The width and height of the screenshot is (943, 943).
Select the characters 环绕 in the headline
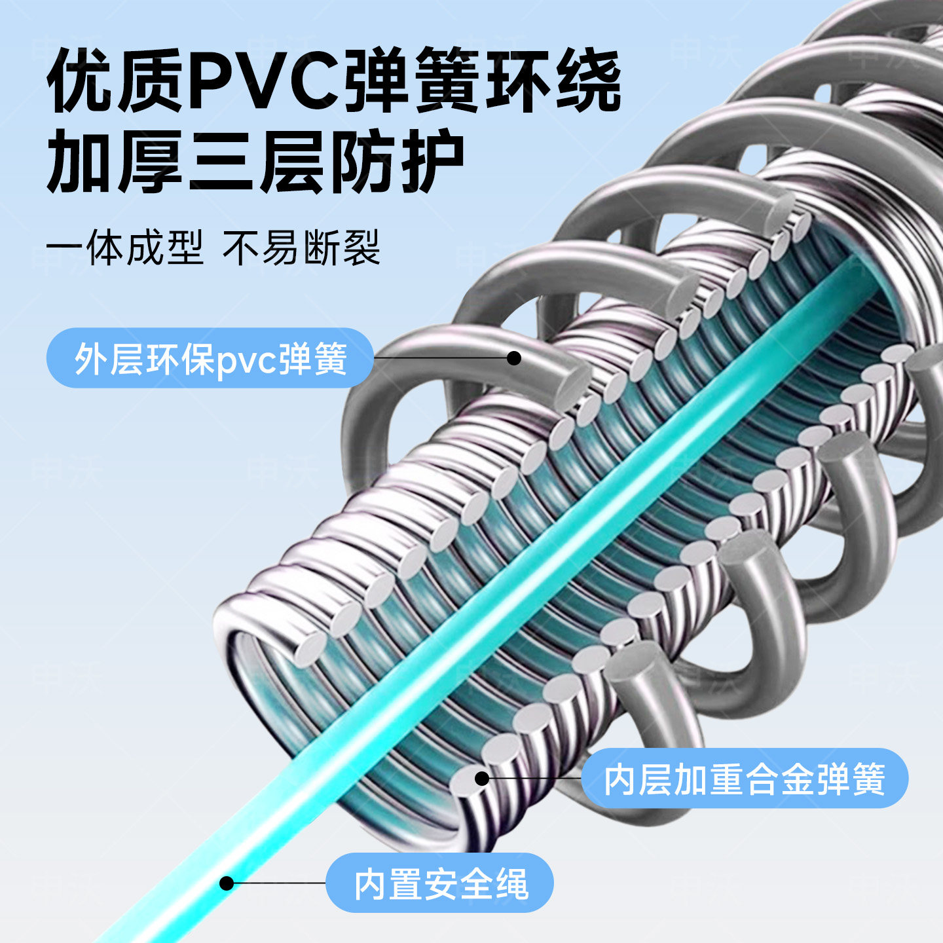553,81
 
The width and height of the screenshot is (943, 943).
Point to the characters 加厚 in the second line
115,162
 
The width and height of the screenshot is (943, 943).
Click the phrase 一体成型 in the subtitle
125,248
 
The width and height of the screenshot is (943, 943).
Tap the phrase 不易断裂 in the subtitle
301,248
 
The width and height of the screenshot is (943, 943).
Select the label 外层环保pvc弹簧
211,360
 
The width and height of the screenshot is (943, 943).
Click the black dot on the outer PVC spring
513,358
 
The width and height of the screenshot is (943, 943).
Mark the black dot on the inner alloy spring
482,778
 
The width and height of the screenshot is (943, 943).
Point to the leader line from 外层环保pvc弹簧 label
441,358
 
